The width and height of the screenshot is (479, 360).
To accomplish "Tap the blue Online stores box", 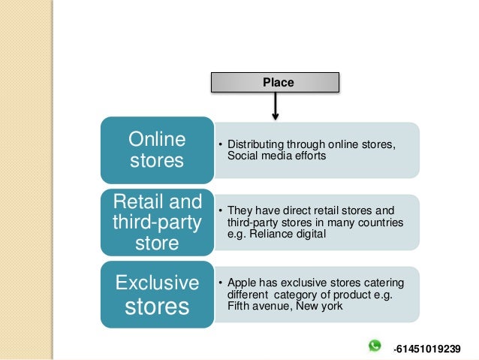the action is click(x=157, y=150).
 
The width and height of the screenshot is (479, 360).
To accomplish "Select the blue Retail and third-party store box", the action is click(x=157, y=222).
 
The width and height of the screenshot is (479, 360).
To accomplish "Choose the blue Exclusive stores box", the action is click(x=157, y=295).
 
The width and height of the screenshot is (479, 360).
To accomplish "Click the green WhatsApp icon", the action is click(x=375, y=346).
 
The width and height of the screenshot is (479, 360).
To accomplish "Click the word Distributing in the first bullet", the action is click(x=254, y=144).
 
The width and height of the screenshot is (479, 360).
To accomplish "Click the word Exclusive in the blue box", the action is click(x=157, y=283).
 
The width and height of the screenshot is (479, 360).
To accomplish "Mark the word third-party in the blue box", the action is click(x=157, y=222).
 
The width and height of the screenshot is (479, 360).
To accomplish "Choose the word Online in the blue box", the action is click(x=157, y=139).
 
